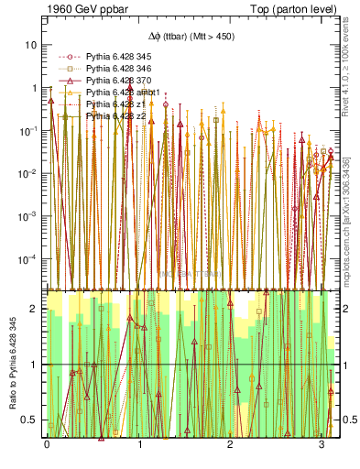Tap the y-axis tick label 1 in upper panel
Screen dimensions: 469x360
click(x=34, y=88)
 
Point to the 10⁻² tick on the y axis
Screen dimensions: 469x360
click(x=28, y=173)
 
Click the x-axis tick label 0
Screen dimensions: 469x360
click(x=47, y=443)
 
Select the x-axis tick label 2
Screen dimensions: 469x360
click(x=230, y=443)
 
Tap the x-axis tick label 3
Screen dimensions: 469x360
click(x=322, y=443)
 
